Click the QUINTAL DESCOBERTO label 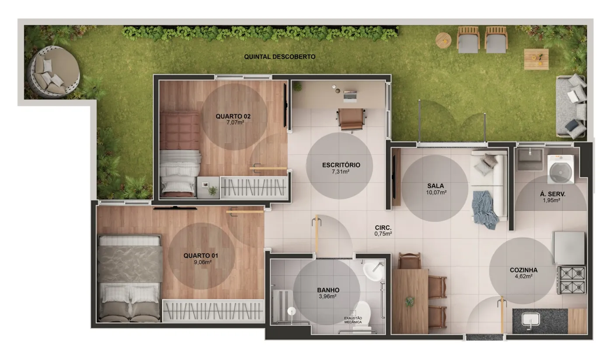tap(279, 57)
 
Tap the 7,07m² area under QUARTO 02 tap(235, 122)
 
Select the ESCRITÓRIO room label tap(341, 165)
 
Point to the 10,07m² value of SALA tap(436, 192)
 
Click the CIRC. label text tap(383, 228)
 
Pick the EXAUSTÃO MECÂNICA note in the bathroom tap(353, 320)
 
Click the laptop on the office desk tap(350, 96)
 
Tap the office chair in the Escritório tap(351, 120)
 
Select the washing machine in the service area tap(560, 169)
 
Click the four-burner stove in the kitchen tap(572, 280)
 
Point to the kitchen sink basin tap(530, 320)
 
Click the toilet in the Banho tap(362, 317)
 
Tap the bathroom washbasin tap(372, 272)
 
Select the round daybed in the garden tap(53, 72)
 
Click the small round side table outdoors tap(443, 40)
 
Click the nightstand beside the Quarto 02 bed tap(208, 188)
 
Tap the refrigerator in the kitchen tap(569, 248)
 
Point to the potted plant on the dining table tap(409, 301)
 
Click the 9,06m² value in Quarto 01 tap(202, 262)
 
